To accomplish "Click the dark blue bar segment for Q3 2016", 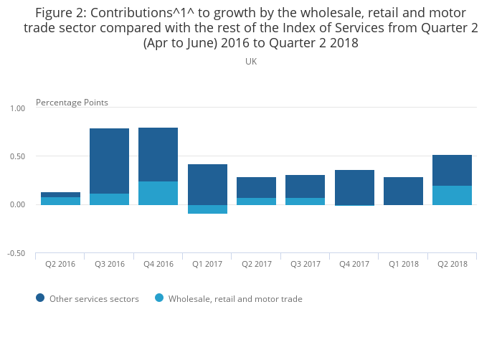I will [109, 161].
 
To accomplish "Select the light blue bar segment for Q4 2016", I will [158, 193].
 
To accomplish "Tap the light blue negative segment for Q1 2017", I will [207, 209].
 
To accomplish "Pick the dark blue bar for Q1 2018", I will [402, 191].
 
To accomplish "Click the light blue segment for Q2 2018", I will [452, 195].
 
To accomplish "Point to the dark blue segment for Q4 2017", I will [354, 187].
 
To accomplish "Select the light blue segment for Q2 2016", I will [60, 201].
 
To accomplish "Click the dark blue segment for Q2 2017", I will [256, 187].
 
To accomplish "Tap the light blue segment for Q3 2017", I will [305, 202].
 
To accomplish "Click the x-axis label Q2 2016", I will [60, 264].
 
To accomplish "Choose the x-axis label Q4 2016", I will [158, 264].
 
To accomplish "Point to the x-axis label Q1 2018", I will [402, 264].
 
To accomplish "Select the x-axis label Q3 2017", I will [305, 264].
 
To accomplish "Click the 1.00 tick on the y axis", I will [17, 108].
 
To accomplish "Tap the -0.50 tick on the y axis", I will [16, 254].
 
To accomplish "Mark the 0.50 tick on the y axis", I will [17, 156].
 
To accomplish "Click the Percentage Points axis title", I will [72, 103].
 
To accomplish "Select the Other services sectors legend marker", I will [39, 298].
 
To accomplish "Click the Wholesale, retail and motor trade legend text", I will [235, 299].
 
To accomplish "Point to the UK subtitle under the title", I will [251, 62].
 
